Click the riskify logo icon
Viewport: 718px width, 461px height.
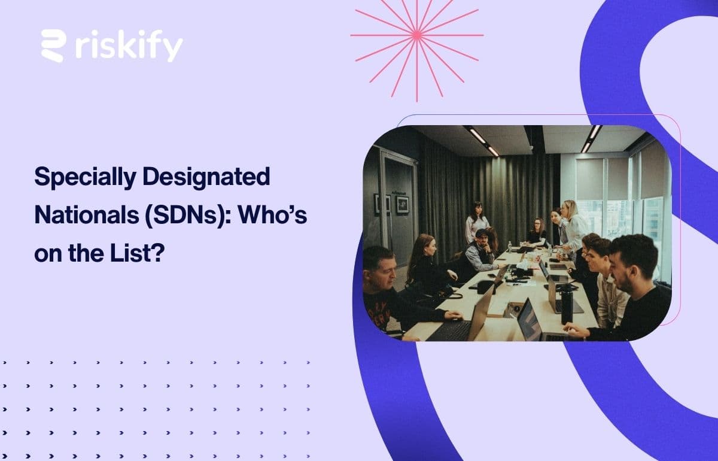pos(53,46)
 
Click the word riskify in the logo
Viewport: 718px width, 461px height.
pos(129,47)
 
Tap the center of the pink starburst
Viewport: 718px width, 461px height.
pos(417,35)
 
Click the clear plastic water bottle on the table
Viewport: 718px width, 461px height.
pos(509,247)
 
